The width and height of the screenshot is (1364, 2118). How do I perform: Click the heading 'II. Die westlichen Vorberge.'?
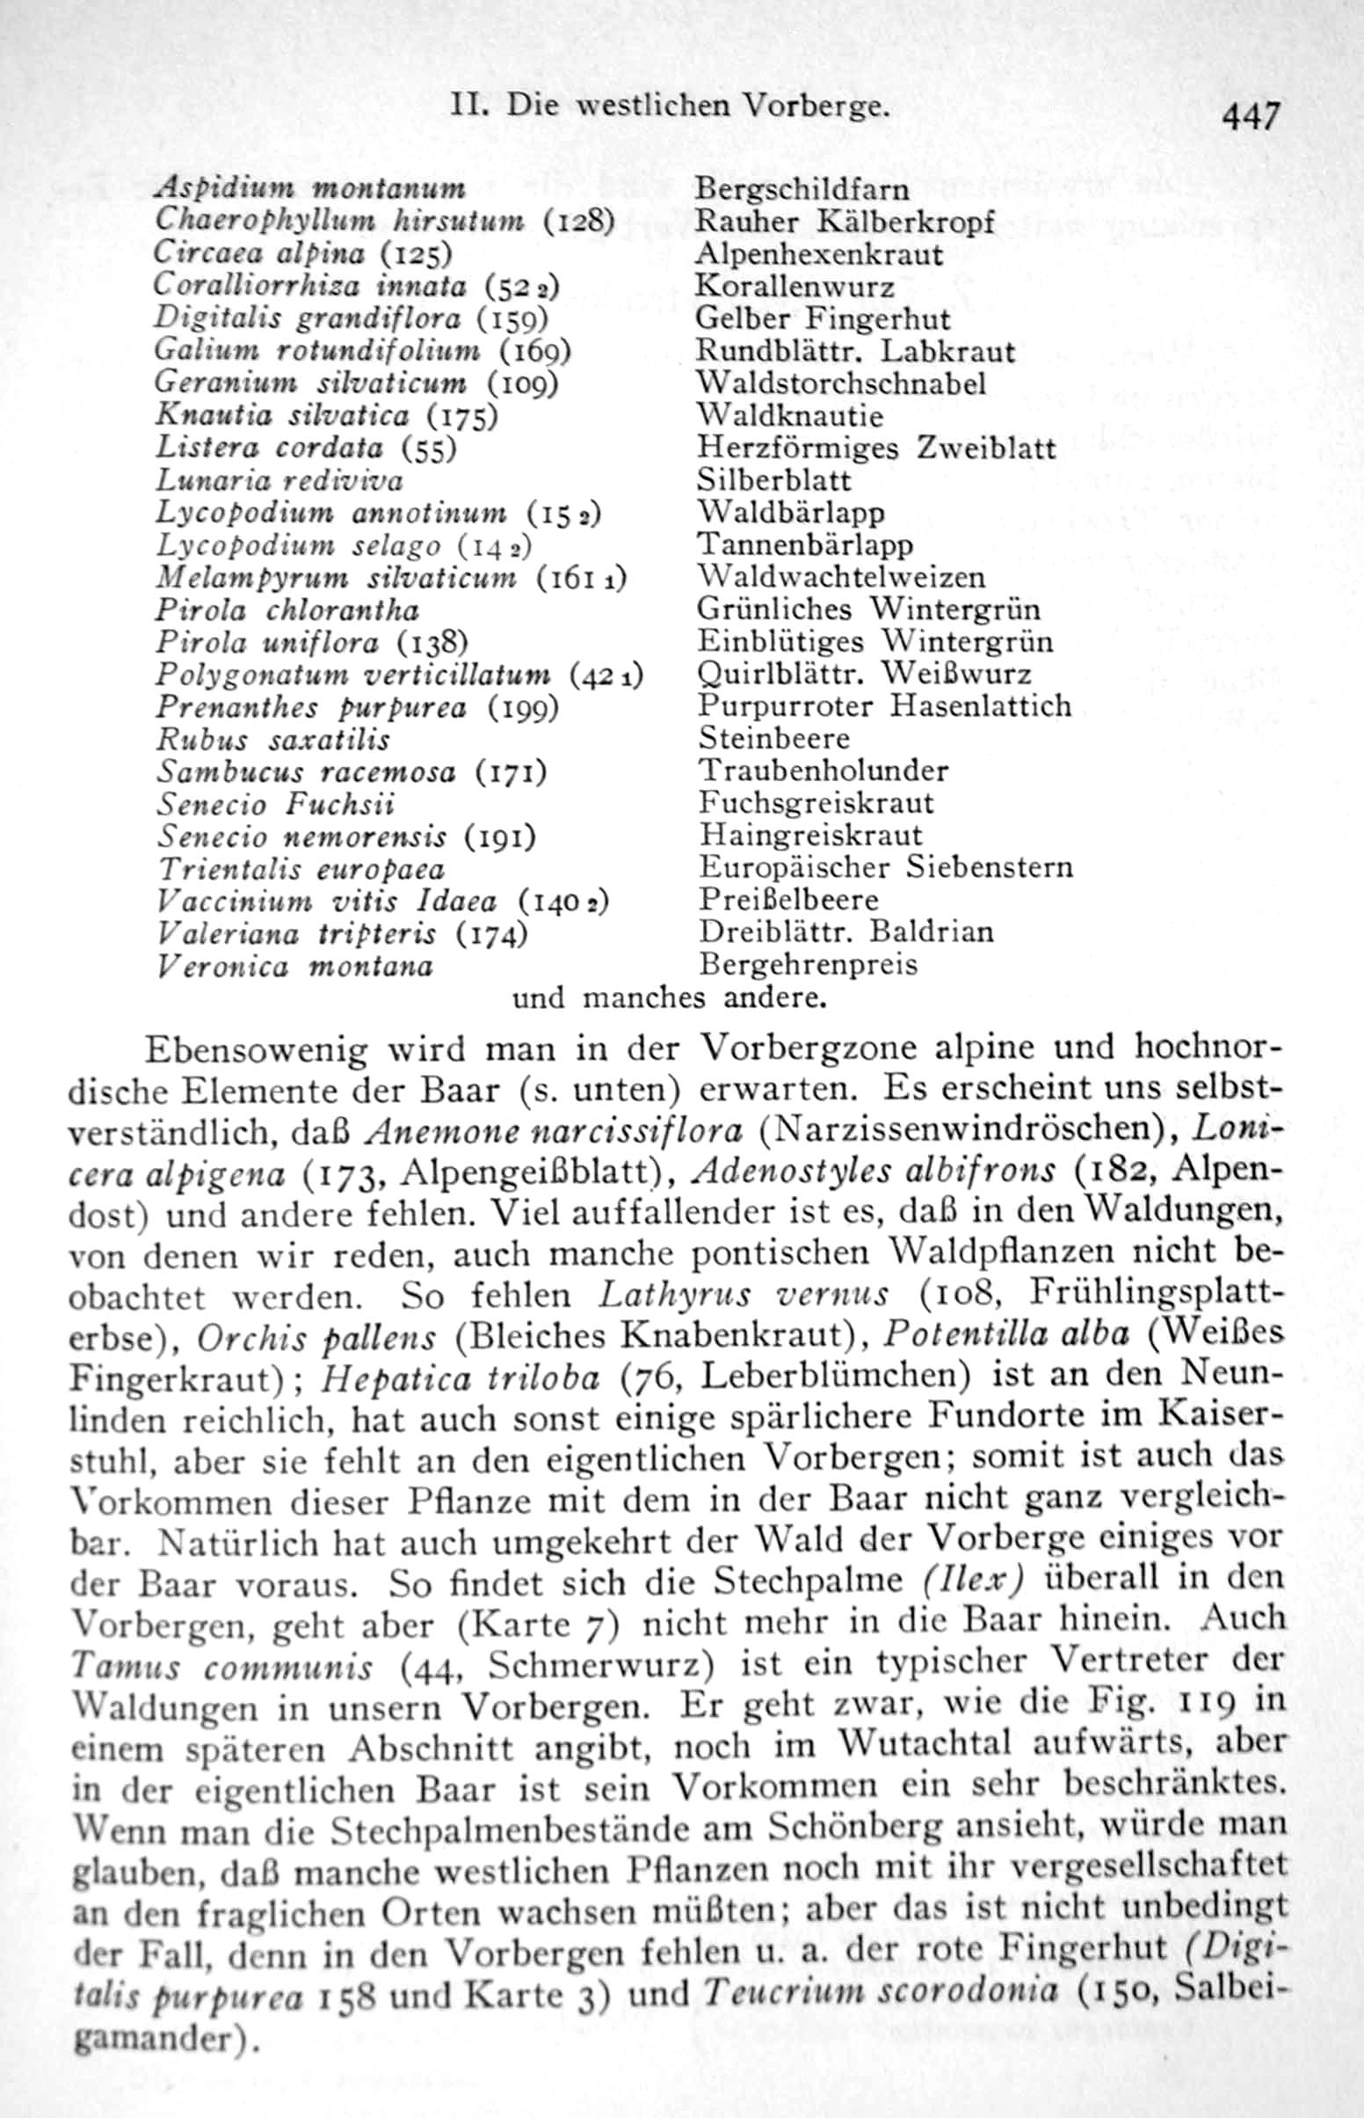pos(669,106)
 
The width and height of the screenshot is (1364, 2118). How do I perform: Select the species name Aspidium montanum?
pos(310,189)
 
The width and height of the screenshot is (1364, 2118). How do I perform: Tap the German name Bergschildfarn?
pos(802,189)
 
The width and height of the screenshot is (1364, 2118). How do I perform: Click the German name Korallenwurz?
pos(795,286)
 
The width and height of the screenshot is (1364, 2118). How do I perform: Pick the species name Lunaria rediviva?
pos(279,481)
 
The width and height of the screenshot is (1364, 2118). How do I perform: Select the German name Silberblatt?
pos(774,480)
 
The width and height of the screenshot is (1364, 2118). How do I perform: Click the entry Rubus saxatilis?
pos(273,740)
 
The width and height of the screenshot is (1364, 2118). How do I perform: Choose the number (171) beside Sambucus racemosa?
pos(511,773)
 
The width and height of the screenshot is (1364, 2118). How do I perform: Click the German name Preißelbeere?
pos(789,901)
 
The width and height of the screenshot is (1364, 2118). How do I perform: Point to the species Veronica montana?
pos(295,966)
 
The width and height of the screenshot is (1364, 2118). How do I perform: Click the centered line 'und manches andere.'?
pos(670,998)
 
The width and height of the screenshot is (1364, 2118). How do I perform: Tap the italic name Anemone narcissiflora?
pos(555,1132)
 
